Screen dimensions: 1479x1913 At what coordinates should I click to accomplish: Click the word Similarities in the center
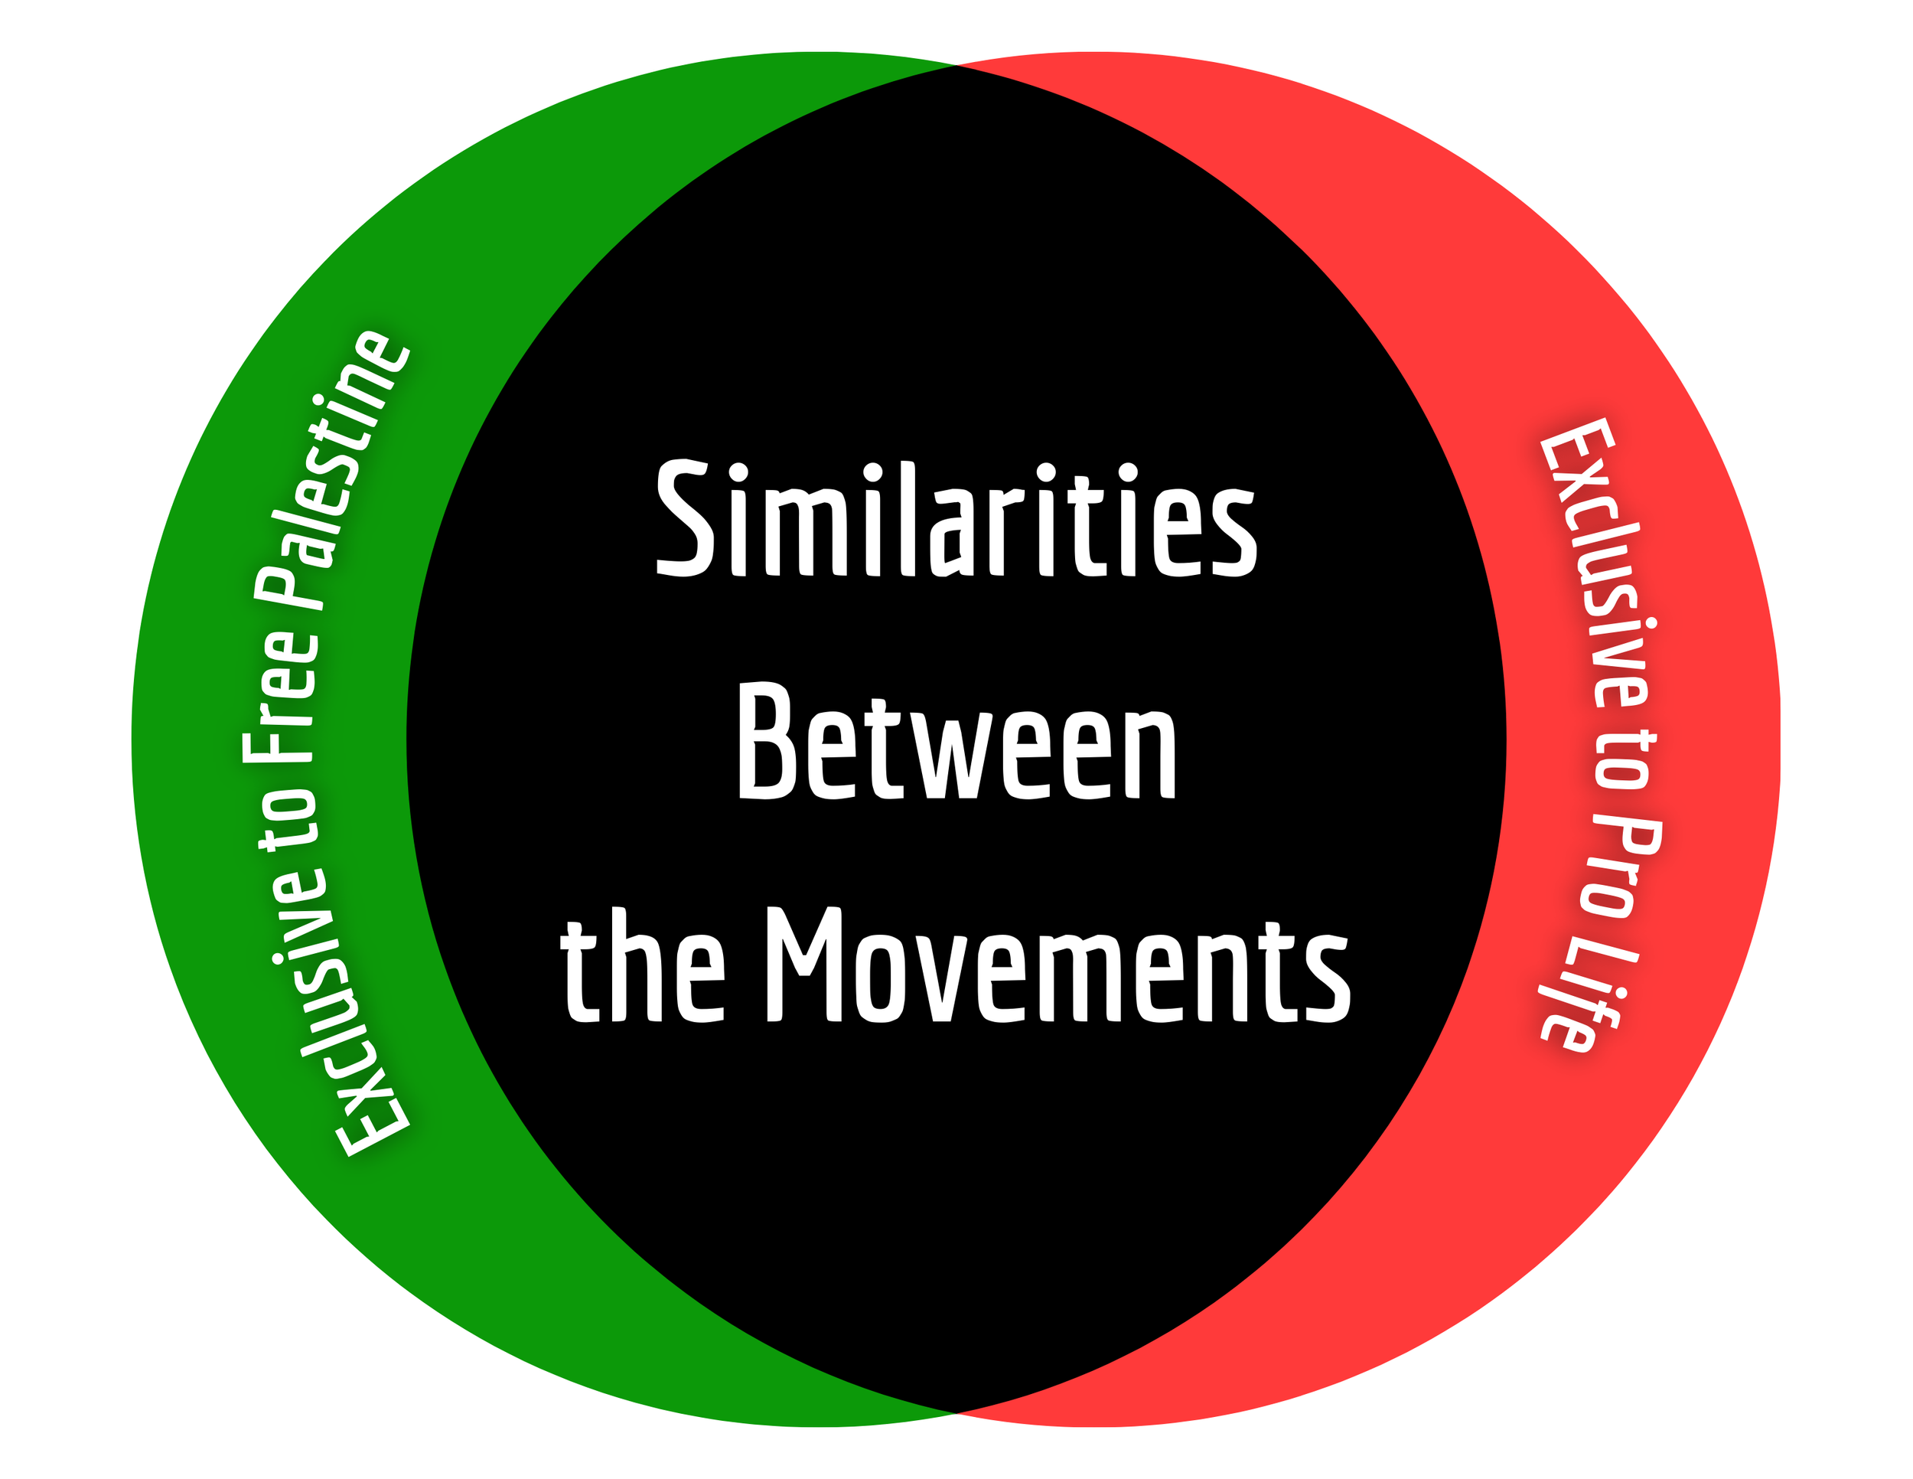956,519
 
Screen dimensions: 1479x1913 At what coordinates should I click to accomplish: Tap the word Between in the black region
956,742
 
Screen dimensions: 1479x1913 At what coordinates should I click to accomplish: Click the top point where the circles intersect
956,65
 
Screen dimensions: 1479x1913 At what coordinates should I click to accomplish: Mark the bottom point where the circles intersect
956,1412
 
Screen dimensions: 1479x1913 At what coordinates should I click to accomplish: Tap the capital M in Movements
804,964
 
